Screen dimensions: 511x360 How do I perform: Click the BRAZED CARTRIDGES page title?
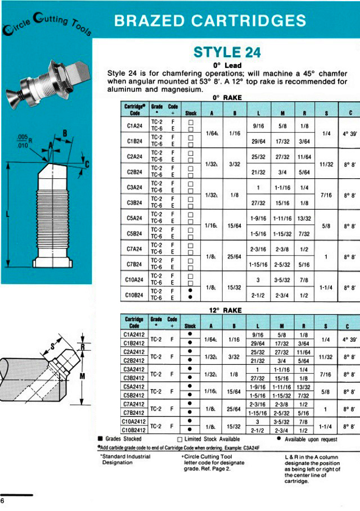coord(210,21)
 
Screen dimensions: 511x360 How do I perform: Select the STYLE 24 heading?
coord(227,52)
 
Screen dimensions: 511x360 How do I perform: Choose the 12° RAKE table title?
coord(225,310)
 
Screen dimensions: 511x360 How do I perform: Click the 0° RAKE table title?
coord(227,97)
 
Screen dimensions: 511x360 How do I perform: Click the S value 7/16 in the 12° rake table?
coord(326,374)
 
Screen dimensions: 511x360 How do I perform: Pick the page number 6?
coord(3,501)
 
